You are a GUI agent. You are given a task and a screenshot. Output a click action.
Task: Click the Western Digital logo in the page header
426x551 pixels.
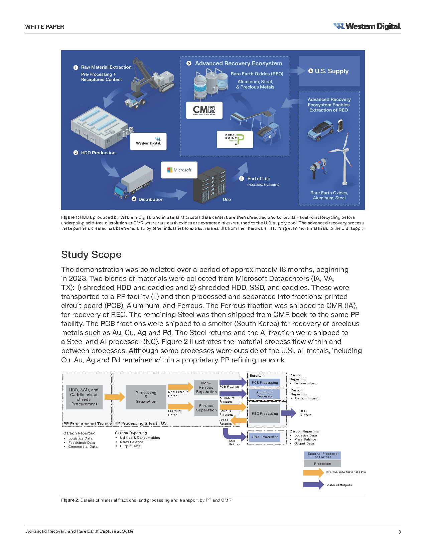tap(367, 26)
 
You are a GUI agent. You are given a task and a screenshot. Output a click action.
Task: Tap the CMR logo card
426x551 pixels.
tap(204, 110)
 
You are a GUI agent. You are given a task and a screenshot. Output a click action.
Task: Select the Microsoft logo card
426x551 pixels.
tap(179, 170)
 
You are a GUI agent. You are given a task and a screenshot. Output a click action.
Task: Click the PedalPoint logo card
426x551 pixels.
tap(235, 139)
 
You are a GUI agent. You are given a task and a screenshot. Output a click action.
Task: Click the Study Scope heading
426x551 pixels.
tap(91, 254)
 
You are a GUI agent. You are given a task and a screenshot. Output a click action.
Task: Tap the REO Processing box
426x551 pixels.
tap(265, 413)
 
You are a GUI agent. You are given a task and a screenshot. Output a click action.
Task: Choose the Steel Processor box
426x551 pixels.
tap(265, 437)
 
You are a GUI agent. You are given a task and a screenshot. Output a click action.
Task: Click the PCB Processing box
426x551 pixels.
tap(265, 383)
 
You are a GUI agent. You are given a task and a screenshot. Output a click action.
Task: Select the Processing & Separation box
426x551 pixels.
tap(146, 397)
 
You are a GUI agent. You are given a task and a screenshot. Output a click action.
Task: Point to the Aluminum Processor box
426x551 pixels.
tap(265, 394)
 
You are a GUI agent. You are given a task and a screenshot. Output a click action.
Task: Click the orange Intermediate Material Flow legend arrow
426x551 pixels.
tap(313, 472)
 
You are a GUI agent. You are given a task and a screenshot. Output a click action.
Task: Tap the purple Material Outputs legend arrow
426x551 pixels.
tap(313, 485)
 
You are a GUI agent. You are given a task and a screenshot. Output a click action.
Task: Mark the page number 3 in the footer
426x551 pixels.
tap(399, 532)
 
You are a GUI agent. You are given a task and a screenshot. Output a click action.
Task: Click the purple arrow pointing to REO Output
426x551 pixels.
tap(289, 413)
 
